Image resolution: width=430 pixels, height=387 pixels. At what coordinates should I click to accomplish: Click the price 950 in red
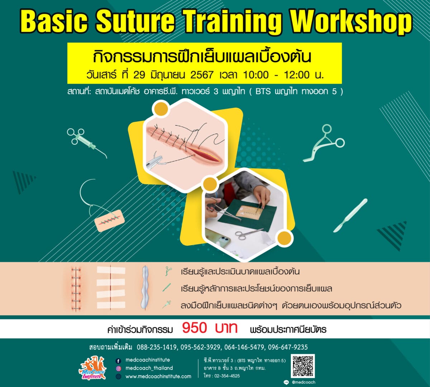(x=195, y=328)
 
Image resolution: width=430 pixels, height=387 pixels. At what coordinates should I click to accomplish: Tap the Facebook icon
(x=118, y=361)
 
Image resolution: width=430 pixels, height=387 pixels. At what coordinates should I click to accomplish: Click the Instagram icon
(x=118, y=369)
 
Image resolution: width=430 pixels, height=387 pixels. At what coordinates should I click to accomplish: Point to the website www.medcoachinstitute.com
(x=158, y=376)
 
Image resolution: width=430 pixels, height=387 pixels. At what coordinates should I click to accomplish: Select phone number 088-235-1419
(x=157, y=347)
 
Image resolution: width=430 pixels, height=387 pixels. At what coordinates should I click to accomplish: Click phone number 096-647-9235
(x=288, y=347)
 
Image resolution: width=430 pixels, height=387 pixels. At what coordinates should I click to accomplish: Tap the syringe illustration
(x=87, y=143)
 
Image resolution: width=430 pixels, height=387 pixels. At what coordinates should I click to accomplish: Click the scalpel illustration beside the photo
(x=350, y=216)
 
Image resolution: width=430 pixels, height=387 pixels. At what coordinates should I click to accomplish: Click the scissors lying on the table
(x=249, y=233)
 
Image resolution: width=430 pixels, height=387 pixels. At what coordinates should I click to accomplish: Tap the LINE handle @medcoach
(x=304, y=382)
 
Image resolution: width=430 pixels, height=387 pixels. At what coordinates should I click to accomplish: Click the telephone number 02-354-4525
(x=227, y=376)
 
